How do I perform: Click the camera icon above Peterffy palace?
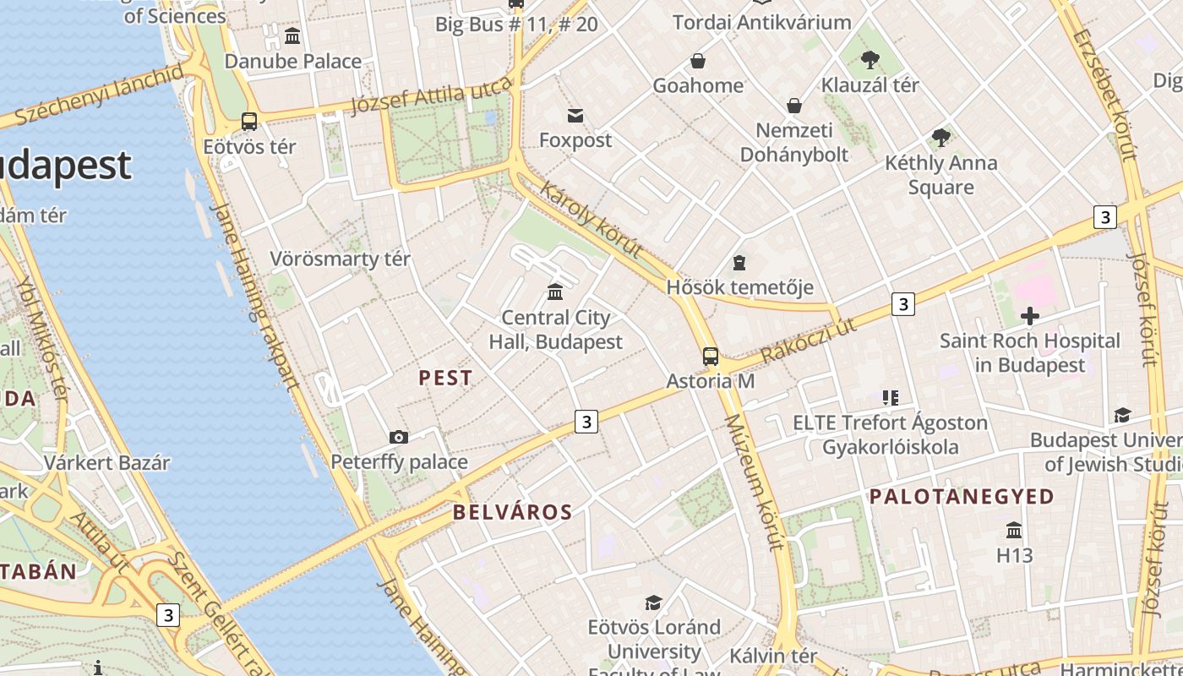point(399,437)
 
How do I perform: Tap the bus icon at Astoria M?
point(711,357)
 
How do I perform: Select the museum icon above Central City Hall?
point(555,292)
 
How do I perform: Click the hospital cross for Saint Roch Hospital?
point(1029,316)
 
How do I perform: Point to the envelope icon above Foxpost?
point(575,115)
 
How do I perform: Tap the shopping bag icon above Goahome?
point(698,61)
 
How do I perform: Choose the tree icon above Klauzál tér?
point(870,60)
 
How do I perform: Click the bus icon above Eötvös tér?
point(249,122)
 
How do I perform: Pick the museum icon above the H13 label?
point(1014,531)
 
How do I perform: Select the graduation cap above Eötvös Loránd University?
point(653,602)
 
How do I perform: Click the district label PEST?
point(446,378)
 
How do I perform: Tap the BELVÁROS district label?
point(513,512)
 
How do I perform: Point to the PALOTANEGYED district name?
point(962,496)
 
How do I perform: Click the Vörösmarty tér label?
point(340,259)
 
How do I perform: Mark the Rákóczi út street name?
point(809,341)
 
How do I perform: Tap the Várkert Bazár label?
point(106,463)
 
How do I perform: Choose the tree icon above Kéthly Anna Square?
point(940,138)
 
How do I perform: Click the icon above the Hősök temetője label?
point(739,263)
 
